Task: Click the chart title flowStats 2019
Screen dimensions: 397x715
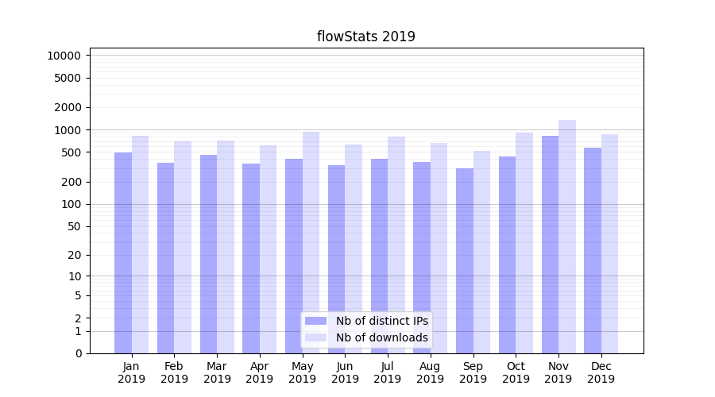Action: (365, 37)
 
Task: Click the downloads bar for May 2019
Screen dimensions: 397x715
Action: (311, 242)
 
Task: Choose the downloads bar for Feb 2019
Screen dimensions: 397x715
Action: (183, 247)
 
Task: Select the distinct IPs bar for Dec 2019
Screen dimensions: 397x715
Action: (593, 250)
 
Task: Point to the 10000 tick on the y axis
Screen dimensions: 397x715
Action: (64, 56)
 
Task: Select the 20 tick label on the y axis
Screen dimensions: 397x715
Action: (74, 255)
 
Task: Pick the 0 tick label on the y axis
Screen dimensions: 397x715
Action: (78, 353)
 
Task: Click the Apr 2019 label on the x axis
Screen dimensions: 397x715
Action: (260, 372)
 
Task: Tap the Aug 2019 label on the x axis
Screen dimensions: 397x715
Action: (431, 372)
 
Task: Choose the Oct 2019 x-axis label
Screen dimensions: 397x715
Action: (516, 372)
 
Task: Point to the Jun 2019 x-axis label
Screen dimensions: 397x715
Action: (345, 372)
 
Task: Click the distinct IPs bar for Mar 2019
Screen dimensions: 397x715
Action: (209, 254)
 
